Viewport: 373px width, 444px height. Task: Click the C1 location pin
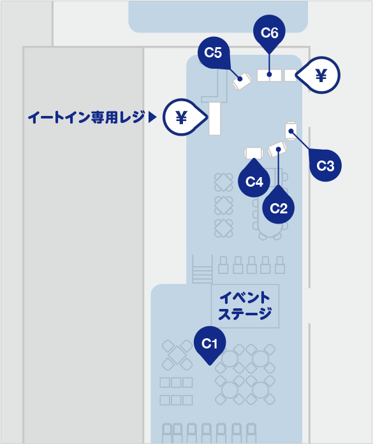(210, 345)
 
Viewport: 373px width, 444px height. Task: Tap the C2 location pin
(279, 206)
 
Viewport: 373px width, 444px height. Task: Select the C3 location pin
(325, 165)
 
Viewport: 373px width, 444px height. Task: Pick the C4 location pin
(254, 180)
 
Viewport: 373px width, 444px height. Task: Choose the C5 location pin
(214, 53)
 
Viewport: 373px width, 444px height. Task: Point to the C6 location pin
(269, 33)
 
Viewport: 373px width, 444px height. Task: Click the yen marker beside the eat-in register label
(184, 117)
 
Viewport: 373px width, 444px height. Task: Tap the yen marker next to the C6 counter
(319, 75)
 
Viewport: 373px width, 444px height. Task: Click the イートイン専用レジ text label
(87, 117)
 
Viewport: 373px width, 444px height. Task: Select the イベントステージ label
(245, 306)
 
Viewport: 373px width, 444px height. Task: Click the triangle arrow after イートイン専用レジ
(152, 117)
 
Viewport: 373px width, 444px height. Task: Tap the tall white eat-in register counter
(215, 118)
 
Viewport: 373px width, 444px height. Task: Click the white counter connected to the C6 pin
(269, 75)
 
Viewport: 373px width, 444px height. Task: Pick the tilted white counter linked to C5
(242, 81)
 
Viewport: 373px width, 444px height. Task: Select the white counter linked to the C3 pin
(291, 131)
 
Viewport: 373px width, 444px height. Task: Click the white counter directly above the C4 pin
(254, 153)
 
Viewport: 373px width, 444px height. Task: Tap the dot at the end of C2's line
(279, 149)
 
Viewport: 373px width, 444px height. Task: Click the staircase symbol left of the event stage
(202, 269)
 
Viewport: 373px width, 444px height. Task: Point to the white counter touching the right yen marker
(290, 75)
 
